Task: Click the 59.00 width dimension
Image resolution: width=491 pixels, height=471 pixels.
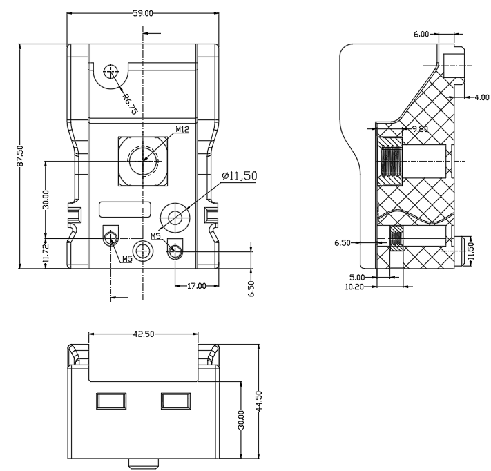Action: pyautogui.click(x=143, y=13)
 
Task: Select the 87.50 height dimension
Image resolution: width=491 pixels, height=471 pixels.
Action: pyautogui.click(x=20, y=156)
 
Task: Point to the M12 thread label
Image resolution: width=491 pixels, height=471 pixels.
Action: pyautogui.click(x=182, y=129)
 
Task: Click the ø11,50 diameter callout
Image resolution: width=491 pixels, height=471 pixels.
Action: pyautogui.click(x=240, y=176)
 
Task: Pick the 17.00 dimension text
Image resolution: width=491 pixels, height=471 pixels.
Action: pyautogui.click(x=197, y=286)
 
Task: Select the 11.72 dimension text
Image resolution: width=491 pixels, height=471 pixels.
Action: pyautogui.click(x=46, y=253)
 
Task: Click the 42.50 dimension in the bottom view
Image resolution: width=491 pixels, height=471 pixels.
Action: pyautogui.click(x=144, y=334)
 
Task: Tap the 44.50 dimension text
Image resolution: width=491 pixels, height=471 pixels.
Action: pyautogui.click(x=259, y=401)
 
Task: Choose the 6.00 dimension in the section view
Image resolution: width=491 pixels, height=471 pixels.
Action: pyautogui.click(x=421, y=34)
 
